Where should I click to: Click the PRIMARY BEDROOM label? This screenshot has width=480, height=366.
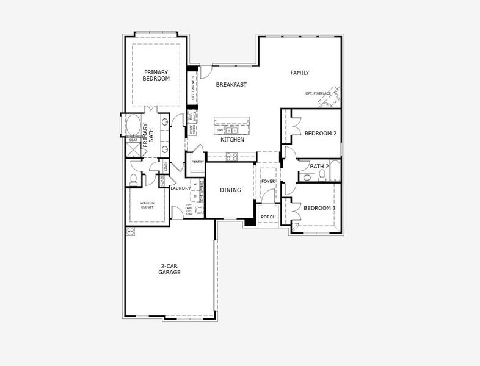(156, 75)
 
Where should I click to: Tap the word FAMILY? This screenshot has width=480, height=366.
(299, 73)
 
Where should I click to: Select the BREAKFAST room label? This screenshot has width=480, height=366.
(231, 85)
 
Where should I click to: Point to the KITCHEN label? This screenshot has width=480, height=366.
(232, 140)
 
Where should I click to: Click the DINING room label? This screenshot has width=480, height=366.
(230, 190)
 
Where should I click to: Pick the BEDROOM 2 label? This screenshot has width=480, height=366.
(320, 134)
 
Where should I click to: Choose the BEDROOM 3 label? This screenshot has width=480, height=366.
(320, 208)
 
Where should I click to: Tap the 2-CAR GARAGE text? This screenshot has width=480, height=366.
(170, 270)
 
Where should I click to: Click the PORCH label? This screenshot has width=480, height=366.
(267, 217)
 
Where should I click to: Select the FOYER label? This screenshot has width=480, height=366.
(268, 181)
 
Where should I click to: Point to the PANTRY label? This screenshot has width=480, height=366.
(197, 162)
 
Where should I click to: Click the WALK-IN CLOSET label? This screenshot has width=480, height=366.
(147, 205)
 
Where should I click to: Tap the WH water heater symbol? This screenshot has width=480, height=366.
(130, 232)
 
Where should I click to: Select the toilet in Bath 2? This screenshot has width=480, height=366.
(307, 178)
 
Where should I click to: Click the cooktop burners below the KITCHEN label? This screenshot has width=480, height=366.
(231, 156)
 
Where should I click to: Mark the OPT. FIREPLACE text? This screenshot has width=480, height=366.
(318, 93)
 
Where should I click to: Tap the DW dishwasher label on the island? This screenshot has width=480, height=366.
(220, 129)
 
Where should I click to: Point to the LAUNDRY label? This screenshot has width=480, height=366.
(181, 188)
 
